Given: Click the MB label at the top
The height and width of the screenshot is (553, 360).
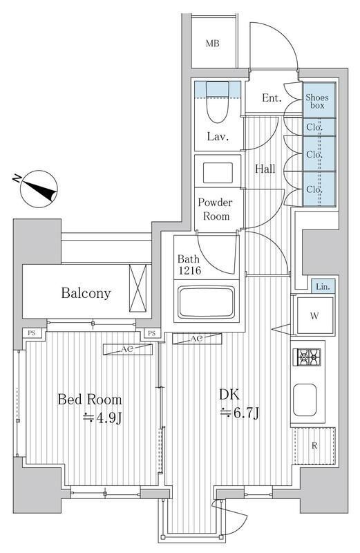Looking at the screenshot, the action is click(x=213, y=44).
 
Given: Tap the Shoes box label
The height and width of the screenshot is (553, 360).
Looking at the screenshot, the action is click(x=317, y=101).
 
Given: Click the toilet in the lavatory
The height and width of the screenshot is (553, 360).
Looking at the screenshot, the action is click(x=217, y=102).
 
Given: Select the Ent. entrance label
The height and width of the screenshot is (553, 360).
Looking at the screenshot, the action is click(x=272, y=97).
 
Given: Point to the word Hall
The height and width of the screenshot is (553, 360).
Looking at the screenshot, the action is click(x=265, y=169).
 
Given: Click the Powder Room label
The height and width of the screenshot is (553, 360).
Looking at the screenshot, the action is click(x=216, y=209).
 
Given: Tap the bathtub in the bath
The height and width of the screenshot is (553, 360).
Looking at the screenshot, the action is click(x=207, y=302).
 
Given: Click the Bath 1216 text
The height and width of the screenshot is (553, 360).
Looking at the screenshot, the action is click(x=189, y=265).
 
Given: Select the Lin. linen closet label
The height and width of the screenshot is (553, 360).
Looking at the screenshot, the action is click(x=323, y=287).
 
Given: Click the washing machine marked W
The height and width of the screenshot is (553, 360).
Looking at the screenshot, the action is click(x=314, y=315).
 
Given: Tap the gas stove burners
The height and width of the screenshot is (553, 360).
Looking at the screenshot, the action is click(x=307, y=357).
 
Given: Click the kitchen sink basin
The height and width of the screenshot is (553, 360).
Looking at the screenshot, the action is click(x=305, y=400).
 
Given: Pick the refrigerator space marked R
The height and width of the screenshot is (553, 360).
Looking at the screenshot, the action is click(x=314, y=446).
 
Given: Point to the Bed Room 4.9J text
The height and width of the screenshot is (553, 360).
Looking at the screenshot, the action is click(x=90, y=409).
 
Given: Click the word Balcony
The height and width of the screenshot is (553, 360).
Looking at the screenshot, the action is click(x=86, y=293).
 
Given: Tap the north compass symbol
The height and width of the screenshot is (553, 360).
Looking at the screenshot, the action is click(x=39, y=189).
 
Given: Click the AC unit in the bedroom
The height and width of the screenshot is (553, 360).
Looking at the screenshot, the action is click(x=128, y=349).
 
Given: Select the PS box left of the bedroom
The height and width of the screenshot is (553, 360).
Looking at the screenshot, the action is click(x=32, y=332).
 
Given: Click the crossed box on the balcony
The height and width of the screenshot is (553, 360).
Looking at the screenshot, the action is click(x=138, y=288).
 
